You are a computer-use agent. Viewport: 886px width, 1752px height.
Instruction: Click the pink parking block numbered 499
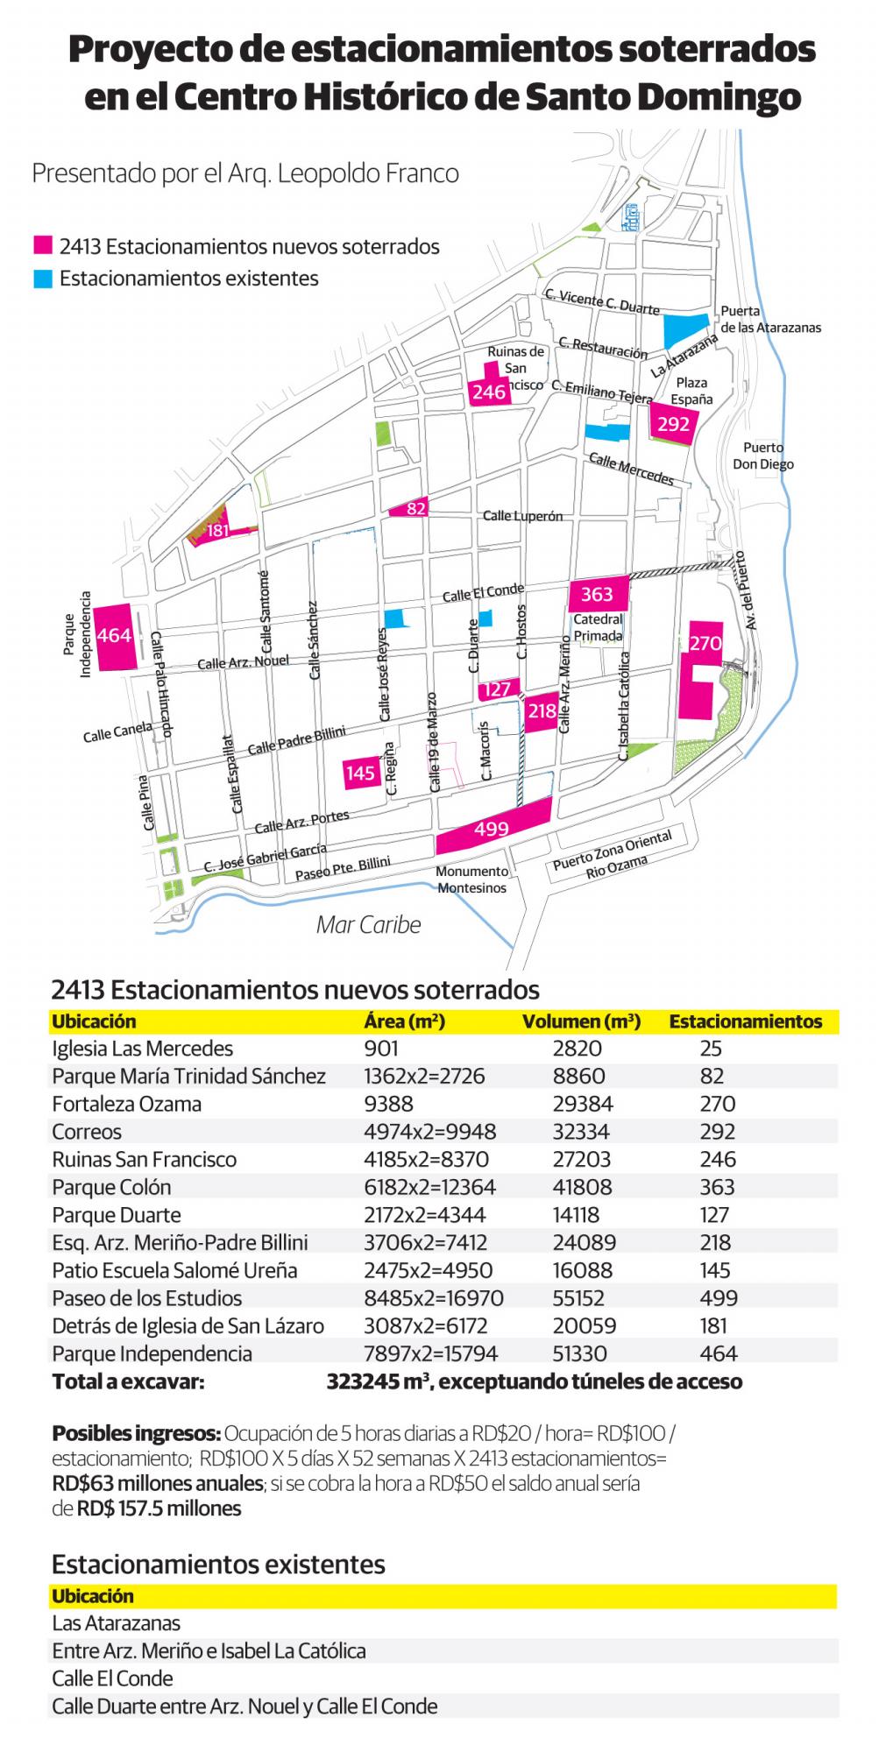coord(493,826)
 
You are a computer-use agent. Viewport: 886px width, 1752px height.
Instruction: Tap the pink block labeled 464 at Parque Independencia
coord(115,636)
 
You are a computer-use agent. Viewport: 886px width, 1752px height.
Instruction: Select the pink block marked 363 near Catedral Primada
coord(598,594)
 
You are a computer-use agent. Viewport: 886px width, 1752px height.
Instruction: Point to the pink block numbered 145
coord(361,773)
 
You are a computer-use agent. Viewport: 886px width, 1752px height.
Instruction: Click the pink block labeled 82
coord(415,508)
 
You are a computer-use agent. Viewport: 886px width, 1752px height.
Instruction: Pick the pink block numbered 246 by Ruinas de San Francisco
coord(488,390)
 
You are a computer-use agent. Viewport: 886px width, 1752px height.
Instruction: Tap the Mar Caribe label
coord(368,925)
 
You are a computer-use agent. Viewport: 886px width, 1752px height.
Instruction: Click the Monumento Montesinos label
coord(471,880)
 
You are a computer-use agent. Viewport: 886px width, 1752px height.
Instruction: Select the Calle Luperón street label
coord(522,516)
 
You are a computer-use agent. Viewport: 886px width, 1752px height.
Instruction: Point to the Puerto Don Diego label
coord(763,456)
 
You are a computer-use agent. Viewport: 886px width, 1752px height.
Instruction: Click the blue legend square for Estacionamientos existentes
coord(42,279)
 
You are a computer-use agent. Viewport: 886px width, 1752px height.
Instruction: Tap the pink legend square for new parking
coord(42,247)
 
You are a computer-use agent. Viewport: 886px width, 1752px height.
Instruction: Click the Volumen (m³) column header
coord(581,1021)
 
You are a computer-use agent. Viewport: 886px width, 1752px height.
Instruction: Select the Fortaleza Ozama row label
coord(126,1104)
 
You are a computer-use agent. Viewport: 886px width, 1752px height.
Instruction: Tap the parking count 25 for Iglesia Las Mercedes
coord(711,1049)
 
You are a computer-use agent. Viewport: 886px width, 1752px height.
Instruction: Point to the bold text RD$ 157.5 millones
coord(159,1508)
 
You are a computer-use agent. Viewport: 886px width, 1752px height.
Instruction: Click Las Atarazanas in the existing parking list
coord(116,1623)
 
